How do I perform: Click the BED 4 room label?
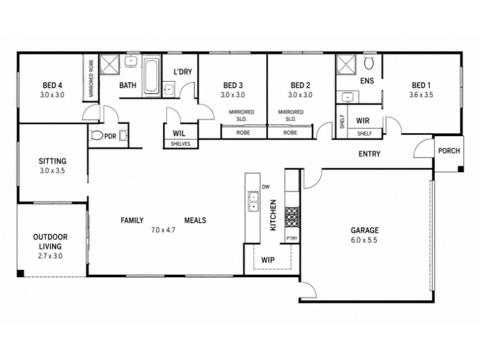[52, 85]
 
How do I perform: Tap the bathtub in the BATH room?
[151, 76]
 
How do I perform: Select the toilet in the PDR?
[97, 136]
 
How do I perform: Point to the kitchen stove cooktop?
[292, 217]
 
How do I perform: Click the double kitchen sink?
[253, 202]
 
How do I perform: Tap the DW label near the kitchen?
[266, 187]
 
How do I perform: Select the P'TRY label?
[292, 238]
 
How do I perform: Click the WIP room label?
[268, 260]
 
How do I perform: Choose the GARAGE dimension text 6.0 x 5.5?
[364, 240]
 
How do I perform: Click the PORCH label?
[449, 151]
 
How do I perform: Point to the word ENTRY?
[370, 154]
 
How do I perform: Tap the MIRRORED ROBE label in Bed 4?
[91, 78]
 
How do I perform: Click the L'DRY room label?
[183, 72]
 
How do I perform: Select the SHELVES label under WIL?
[181, 143]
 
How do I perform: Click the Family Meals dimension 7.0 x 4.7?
[163, 230]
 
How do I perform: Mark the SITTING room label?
[52, 161]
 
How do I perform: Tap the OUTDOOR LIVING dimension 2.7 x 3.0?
[50, 256]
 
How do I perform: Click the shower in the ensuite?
[346, 64]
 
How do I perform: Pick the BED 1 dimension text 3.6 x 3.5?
[421, 95]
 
